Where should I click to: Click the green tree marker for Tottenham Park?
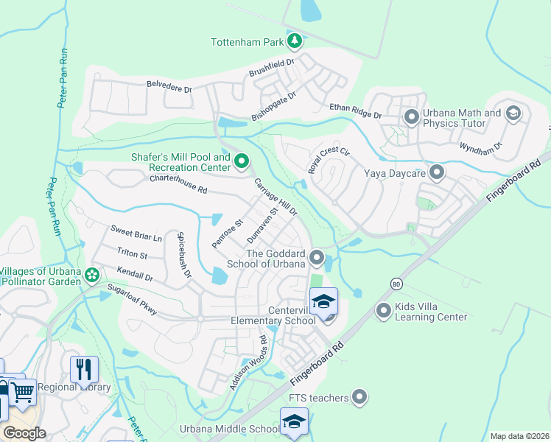(x=295, y=40)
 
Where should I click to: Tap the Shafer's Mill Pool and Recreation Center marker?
(x=241, y=160)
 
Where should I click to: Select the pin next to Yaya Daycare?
(x=437, y=173)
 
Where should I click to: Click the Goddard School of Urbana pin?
(x=317, y=257)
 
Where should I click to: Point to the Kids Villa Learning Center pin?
(x=383, y=311)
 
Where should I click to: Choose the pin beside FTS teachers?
(x=359, y=398)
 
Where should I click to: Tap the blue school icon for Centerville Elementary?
(x=323, y=303)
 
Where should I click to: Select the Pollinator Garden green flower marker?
(x=91, y=275)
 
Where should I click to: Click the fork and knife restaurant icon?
(x=84, y=369)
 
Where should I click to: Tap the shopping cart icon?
(x=24, y=392)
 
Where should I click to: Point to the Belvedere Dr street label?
(x=169, y=86)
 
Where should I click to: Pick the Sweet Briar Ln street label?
(x=136, y=233)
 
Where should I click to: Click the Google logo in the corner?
(x=24, y=433)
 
